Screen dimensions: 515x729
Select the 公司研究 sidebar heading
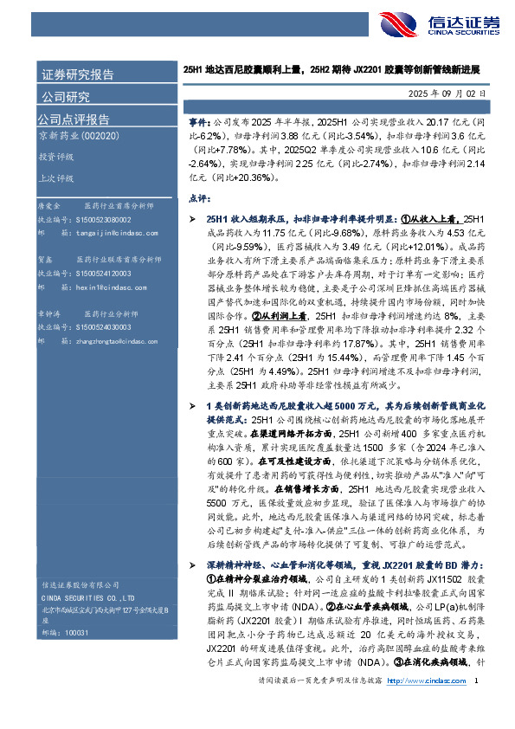pyautogui.click(x=64, y=96)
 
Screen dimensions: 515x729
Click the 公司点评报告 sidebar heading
pyautogui.click(x=73, y=119)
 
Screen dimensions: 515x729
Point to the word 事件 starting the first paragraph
pyautogui.click(x=197, y=124)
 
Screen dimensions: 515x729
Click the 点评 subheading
pyautogui.click(x=199, y=197)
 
